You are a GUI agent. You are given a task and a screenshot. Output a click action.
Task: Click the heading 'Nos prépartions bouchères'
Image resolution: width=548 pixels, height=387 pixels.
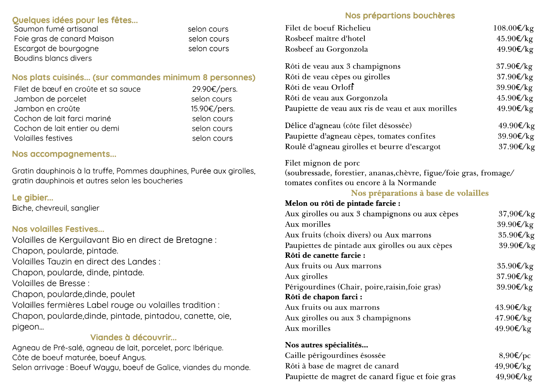[400, 16]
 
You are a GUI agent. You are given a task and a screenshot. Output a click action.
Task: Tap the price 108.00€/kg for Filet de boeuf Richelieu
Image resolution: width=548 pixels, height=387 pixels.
[513, 28]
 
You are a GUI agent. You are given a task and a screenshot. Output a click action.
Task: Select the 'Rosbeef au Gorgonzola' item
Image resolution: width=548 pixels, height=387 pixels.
[326, 49]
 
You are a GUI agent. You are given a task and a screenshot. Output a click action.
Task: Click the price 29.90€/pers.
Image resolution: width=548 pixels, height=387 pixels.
[215, 89]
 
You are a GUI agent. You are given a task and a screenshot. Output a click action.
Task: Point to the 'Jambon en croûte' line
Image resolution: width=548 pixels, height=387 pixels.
[47, 109]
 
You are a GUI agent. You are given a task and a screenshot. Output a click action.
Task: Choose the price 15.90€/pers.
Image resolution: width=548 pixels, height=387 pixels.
[213, 109]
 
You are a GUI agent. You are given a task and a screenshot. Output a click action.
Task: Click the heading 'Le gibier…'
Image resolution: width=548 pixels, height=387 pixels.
[32, 198]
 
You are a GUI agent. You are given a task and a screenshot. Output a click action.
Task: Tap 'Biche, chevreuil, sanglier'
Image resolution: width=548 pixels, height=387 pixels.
[56, 208]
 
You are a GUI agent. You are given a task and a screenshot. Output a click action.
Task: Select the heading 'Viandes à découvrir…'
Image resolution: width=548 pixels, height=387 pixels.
[133, 337]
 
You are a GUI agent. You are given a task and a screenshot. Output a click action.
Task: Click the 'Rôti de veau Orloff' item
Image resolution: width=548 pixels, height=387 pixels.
[319, 87]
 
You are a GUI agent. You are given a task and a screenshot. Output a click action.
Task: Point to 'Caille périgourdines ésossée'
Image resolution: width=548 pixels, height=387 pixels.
[335, 355]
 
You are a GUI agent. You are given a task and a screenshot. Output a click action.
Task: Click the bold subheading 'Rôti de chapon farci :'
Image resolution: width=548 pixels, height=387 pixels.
[323, 297]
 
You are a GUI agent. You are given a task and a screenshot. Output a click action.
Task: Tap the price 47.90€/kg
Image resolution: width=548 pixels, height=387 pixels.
[513, 318]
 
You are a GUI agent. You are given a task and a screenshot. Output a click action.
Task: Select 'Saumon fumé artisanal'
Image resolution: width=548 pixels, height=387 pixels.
[56, 29]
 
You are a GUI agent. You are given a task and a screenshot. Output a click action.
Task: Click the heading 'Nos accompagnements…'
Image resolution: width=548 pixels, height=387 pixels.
[64, 154]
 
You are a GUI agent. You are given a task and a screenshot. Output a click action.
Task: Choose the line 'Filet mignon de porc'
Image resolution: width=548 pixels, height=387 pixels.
[322, 163]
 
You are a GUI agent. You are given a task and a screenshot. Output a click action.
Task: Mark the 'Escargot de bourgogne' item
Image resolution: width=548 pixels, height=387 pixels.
[56, 49]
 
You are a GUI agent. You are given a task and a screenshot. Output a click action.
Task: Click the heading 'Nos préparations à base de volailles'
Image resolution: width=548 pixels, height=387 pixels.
[420, 193]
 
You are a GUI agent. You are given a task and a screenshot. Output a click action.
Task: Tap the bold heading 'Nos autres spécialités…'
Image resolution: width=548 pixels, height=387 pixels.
[326, 345]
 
